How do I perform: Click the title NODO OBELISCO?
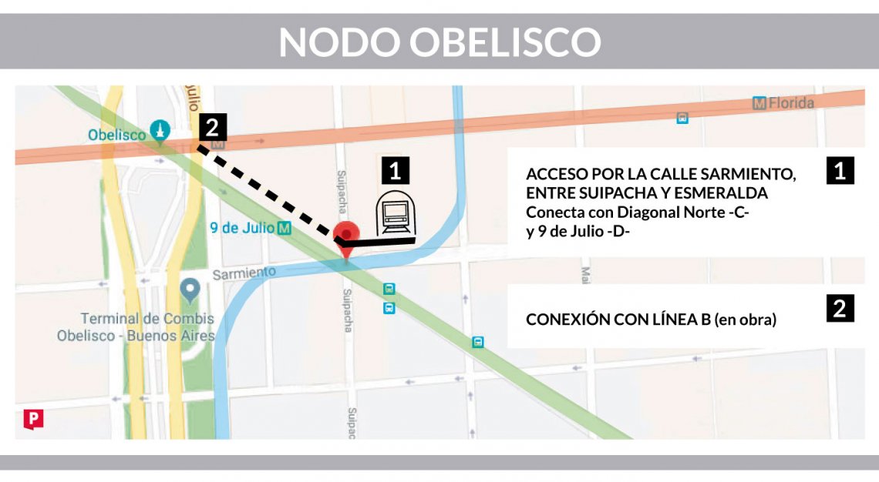click(439, 42)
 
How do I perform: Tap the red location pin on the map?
click(349, 233)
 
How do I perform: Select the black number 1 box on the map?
click(396, 171)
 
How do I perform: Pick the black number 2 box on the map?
click(212, 127)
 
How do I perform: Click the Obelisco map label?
click(116, 135)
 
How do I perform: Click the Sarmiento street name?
click(244, 273)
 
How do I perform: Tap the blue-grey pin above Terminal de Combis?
click(190, 290)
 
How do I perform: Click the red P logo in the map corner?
click(33, 418)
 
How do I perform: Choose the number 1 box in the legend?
click(840, 170)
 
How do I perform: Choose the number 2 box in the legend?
click(840, 308)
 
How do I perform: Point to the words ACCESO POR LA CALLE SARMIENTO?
click(661, 174)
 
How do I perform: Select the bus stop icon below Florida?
click(682, 118)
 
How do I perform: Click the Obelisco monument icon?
click(160, 130)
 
